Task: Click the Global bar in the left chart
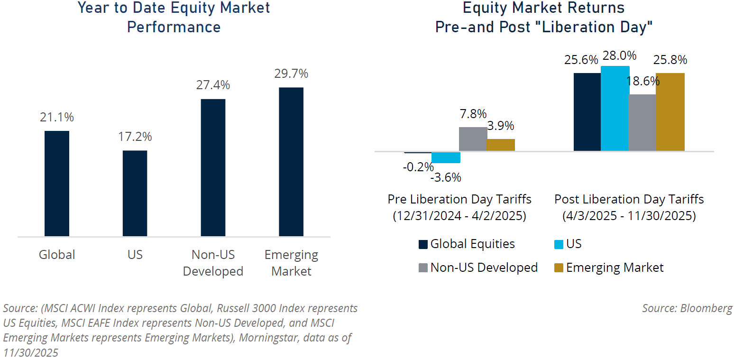click(x=57, y=184)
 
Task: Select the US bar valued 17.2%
click(x=135, y=193)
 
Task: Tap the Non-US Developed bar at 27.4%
click(x=213, y=167)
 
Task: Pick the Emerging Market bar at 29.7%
click(x=291, y=162)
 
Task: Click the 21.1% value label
click(x=57, y=117)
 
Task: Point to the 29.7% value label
click(x=291, y=74)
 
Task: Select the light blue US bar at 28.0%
click(x=615, y=109)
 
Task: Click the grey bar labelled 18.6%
click(x=642, y=123)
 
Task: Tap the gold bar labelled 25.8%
click(x=670, y=112)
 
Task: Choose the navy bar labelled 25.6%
click(x=587, y=112)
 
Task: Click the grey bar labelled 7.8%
click(x=473, y=139)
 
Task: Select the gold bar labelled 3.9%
click(x=501, y=145)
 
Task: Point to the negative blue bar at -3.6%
click(x=446, y=157)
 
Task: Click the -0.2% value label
click(x=418, y=166)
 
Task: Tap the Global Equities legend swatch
click(x=423, y=244)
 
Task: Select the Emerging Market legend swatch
click(x=559, y=268)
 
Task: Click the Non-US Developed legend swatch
click(x=423, y=268)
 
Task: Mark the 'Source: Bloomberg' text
click(x=687, y=308)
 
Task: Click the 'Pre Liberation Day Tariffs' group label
click(x=459, y=199)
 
